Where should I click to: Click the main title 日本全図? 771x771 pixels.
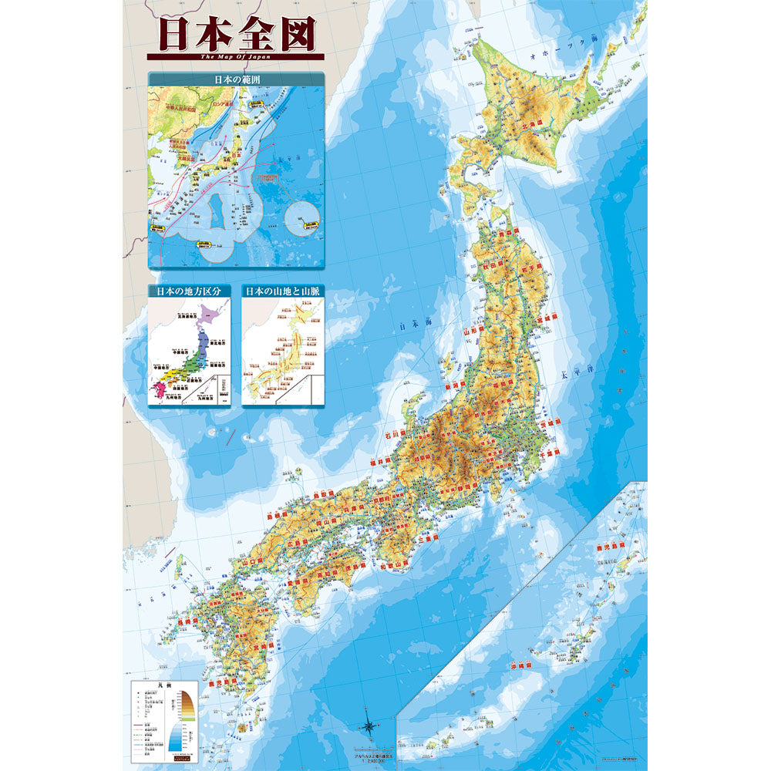pos(236,34)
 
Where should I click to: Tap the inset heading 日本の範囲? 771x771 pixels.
pos(236,79)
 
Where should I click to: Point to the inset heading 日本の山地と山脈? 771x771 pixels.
pos(282,291)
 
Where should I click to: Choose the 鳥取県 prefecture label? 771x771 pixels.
pos(324,494)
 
